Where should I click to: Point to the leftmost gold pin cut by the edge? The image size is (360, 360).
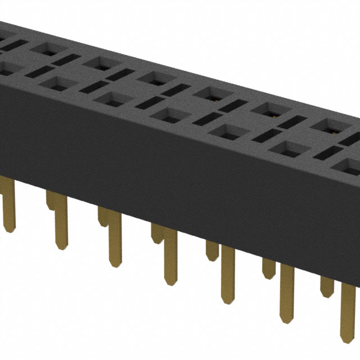pyautogui.click(x=8, y=208)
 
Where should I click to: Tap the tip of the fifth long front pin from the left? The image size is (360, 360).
pyautogui.click(x=228, y=298)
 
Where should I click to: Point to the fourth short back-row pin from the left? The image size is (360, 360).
pyautogui.click(x=212, y=250)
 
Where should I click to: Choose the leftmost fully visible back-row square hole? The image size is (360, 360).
pyautogui.click(x=42, y=48)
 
